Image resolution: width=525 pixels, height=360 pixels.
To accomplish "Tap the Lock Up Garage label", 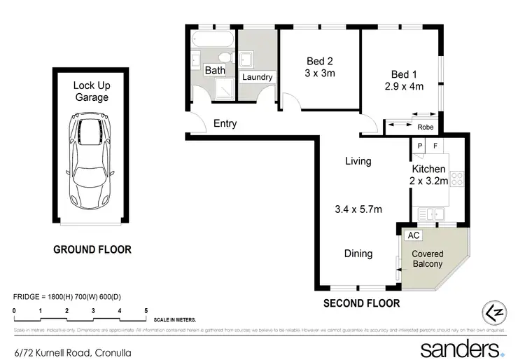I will coord(92,92).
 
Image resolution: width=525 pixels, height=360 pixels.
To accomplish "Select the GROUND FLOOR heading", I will coord(92,249).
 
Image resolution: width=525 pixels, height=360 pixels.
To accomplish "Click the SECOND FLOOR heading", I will coord(361,303).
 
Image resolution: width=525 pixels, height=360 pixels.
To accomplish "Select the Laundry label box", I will coord(257,77).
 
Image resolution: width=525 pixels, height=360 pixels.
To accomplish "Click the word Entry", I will coord(225,124).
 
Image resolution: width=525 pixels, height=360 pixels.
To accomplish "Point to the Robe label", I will coord(425,127).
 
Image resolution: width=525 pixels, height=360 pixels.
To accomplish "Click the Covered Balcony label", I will coord(427,258).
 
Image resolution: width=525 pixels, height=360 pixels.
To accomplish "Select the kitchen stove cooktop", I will coord(458,179).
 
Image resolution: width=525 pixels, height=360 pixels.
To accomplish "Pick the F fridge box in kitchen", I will coord(435,146).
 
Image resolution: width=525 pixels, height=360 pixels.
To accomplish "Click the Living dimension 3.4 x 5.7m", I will coord(358,208).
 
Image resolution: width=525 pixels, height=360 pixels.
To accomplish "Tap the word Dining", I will coord(358,254).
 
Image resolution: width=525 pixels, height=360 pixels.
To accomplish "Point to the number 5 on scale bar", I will coord(146,310).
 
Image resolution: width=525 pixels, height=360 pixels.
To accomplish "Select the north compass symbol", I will coord(493,312).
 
